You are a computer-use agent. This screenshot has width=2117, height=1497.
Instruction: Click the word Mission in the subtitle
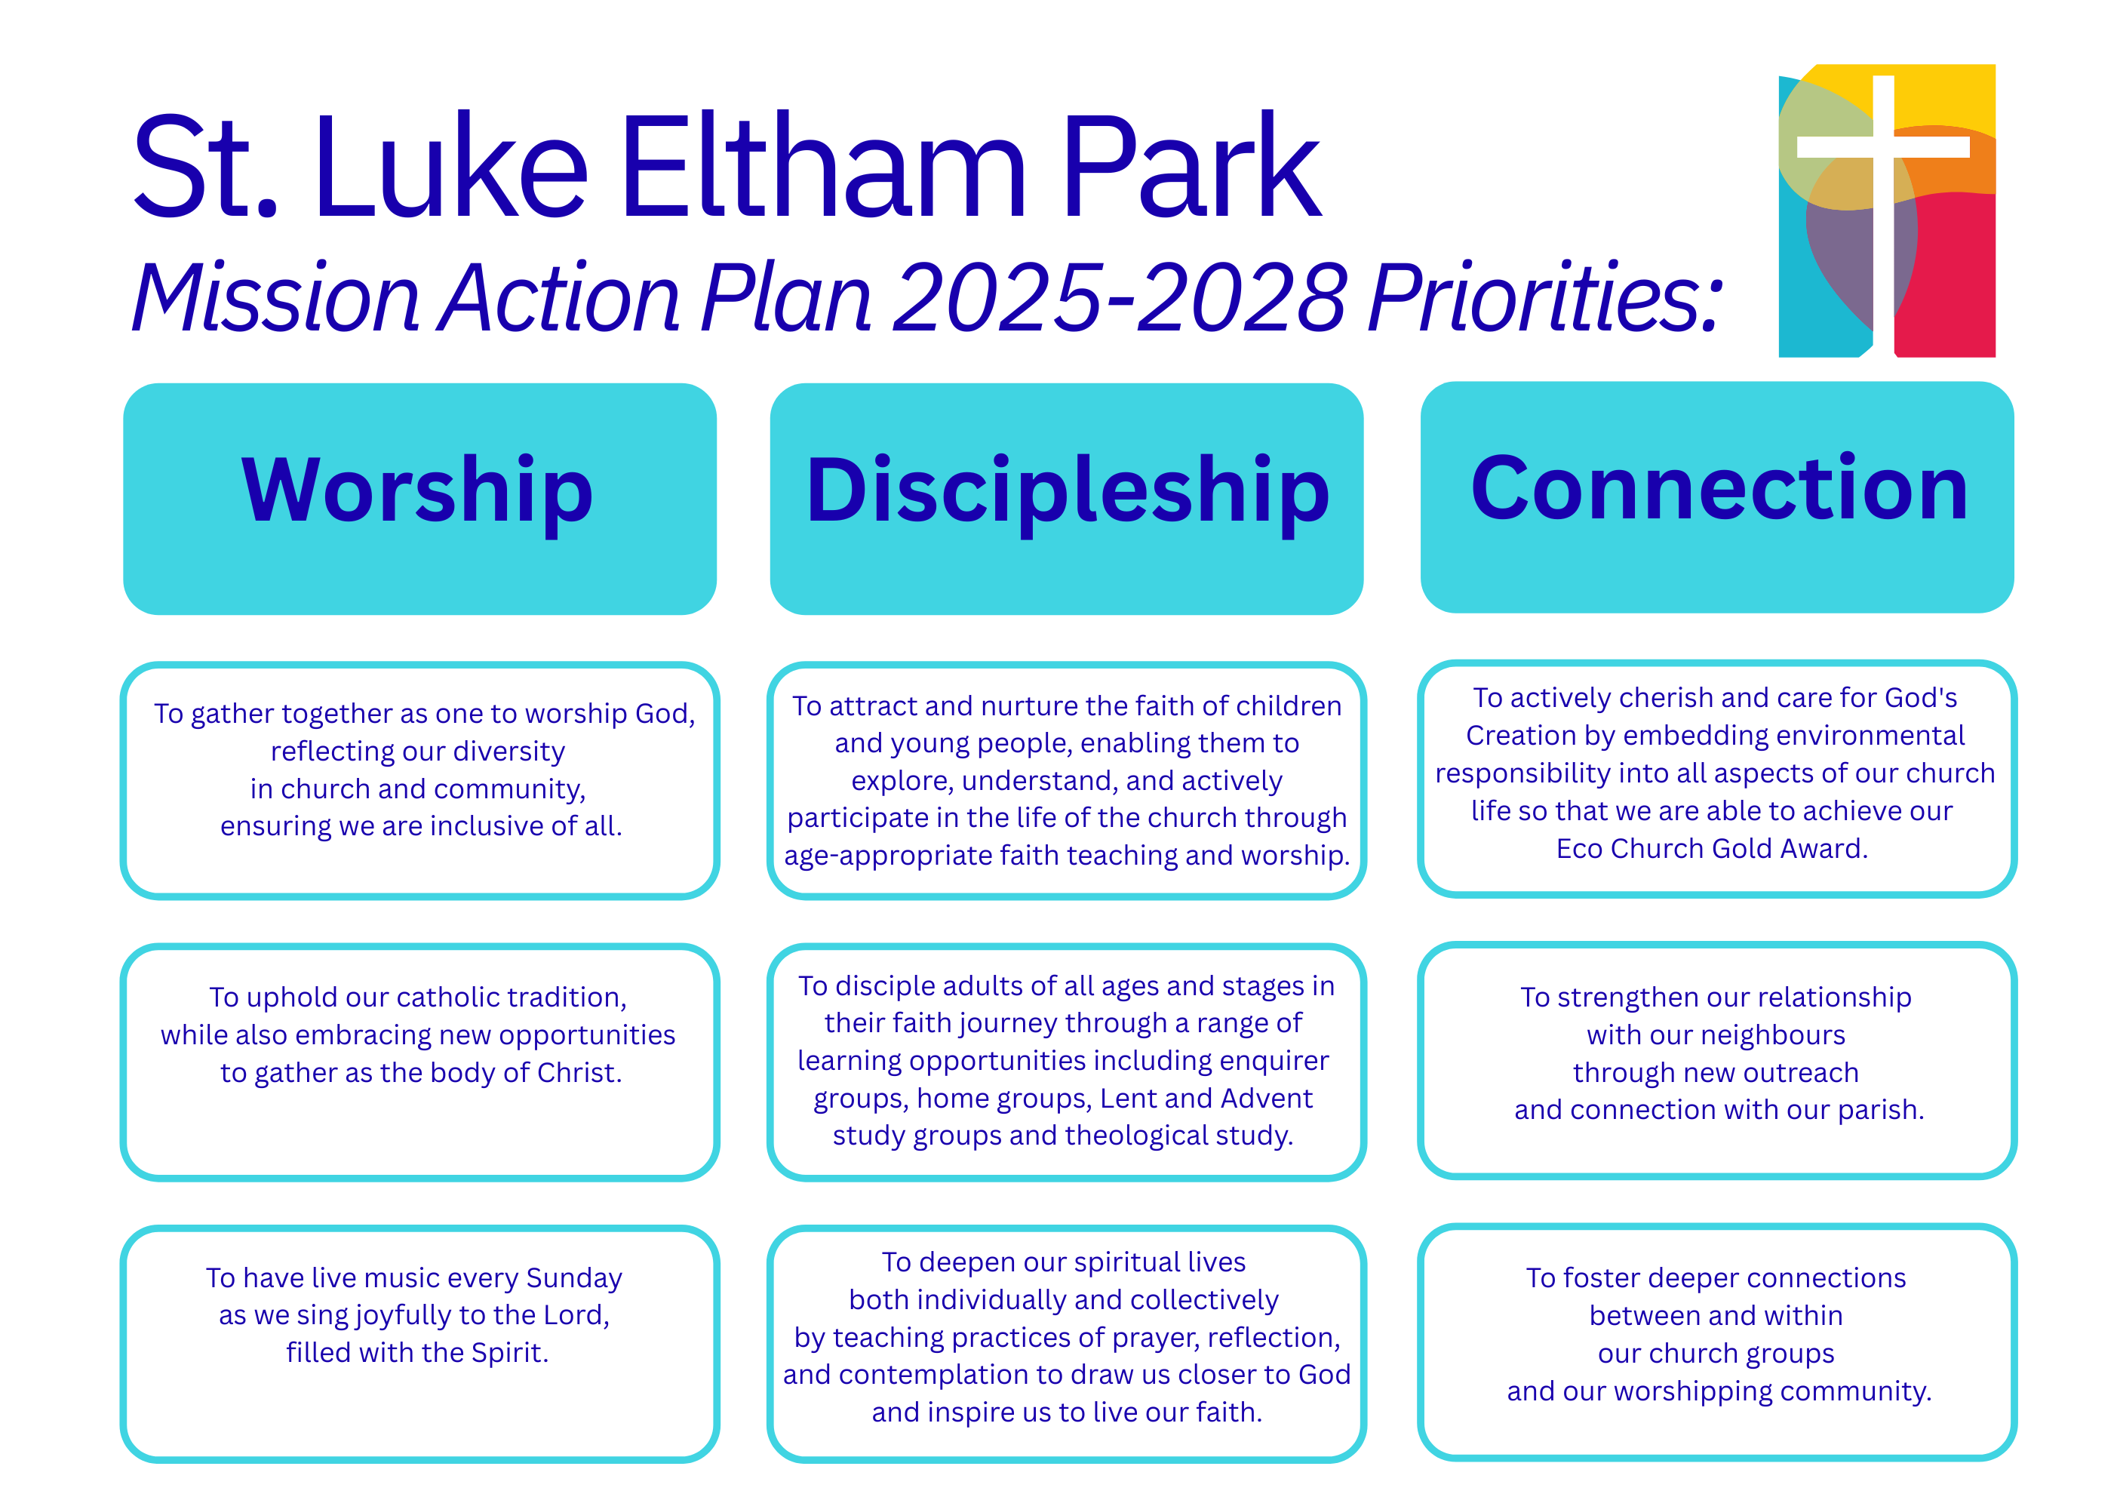(275, 297)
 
